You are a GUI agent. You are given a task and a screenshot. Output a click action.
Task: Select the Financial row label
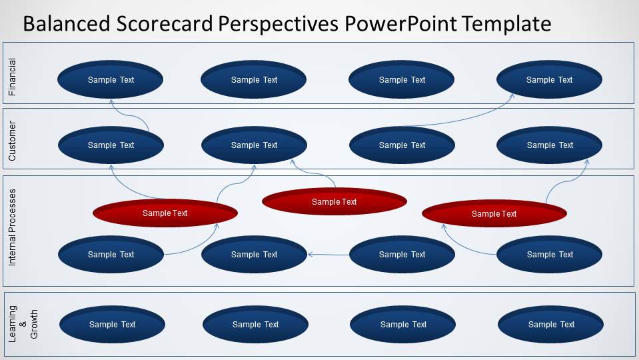coord(12,77)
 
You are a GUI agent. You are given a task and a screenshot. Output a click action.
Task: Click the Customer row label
coord(12,141)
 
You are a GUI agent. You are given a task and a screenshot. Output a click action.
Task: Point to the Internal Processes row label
coord(12,228)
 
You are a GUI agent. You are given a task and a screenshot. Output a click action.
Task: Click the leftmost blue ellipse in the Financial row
coord(111,79)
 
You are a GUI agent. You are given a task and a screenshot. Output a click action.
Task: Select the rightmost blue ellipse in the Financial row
coord(549,79)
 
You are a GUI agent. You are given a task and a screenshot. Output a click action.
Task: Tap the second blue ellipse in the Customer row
coord(254,145)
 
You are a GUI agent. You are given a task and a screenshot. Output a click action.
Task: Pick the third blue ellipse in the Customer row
coord(402,145)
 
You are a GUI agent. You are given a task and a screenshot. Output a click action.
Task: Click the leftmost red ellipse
coord(165,213)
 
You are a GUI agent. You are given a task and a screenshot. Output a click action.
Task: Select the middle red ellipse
coord(334,201)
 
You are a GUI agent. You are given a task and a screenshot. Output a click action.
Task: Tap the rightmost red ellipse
coord(494,213)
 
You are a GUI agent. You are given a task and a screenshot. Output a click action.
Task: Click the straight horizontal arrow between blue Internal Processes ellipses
coord(328,254)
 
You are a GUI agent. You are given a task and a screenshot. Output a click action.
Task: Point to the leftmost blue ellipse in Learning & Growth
coord(112,325)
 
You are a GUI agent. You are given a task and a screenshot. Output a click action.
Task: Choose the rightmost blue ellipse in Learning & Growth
coord(550,325)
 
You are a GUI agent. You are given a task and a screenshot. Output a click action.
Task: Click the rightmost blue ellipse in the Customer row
coord(550,145)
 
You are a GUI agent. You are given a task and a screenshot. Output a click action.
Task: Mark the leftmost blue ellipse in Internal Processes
coord(111,254)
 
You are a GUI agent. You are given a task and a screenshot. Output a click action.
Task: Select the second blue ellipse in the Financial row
coord(254,79)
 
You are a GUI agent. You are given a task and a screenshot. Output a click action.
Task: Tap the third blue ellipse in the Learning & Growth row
coord(402,325)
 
